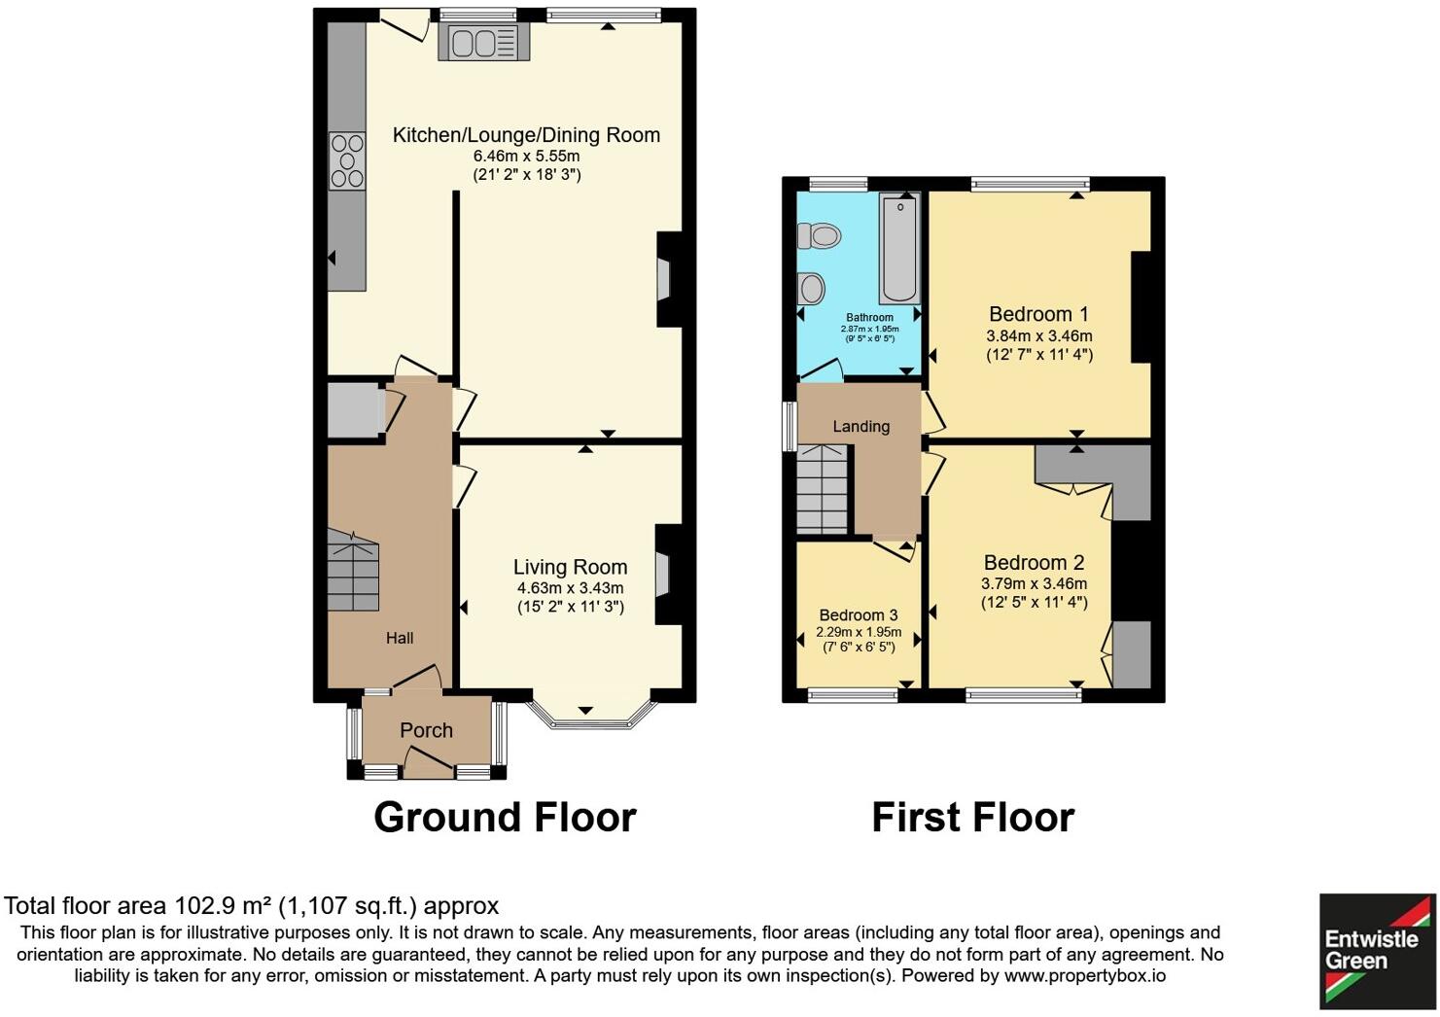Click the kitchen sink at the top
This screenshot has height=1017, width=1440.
pos(483,43)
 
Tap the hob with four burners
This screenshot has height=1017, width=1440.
pos(347,160)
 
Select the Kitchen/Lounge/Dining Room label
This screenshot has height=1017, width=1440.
pos(526,135)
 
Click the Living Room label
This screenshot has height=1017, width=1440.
pos(570,567)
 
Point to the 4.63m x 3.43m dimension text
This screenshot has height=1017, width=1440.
pos(570,588)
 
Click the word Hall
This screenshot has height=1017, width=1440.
pos(400,638)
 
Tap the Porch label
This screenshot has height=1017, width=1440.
pos(426,730)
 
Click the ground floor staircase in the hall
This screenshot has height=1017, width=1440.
pos(352,572)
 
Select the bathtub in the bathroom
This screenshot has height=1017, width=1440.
pos(900,247)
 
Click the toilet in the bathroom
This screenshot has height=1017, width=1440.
pos(819,235)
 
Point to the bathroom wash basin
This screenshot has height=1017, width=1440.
pos(811,288)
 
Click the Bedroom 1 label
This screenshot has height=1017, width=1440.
pos(1038,314)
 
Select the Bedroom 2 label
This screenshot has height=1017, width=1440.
pos(1034,562)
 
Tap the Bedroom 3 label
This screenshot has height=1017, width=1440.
pos(858,614)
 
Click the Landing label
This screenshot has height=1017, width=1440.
pos(860,426)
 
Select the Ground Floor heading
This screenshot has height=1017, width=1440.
pos(505,817)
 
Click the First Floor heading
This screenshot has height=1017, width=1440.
pos(972,817)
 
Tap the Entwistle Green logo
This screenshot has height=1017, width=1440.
pos(1375,950)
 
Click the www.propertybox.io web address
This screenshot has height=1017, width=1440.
pos(1084,975)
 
